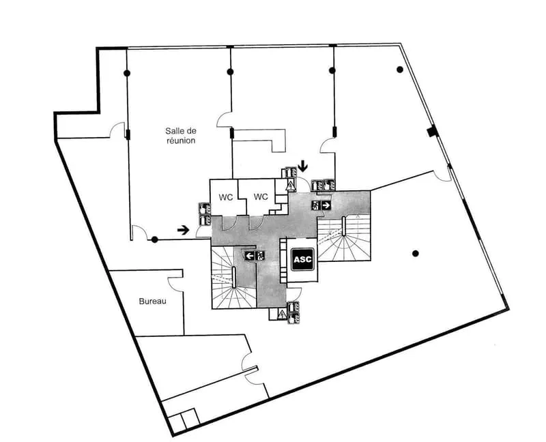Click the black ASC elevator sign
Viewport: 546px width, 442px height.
(x=302, y=259)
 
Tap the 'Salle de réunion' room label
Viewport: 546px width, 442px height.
(x=181, y=136)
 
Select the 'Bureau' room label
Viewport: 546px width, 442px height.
(x=152, y=301)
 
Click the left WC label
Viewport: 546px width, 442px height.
(x=226, y=197)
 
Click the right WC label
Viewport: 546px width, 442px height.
(x=261, y=197)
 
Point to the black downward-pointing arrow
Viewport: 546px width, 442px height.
(x=303, y=166)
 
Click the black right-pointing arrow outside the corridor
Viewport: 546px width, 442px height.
(x=183, y=229)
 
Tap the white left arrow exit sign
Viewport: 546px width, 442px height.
(x=250, y=256)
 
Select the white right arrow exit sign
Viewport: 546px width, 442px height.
(x=326, y=205)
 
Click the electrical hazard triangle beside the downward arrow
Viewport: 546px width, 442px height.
(x=290, y=185)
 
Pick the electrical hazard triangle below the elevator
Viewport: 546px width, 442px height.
(x=282, y=314)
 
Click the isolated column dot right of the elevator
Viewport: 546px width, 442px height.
(x=415, y=253)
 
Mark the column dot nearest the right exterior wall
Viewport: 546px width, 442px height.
(x=400, y=70)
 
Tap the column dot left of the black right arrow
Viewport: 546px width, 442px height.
(x=155, y=239)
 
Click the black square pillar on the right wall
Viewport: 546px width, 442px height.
(x=431, y=132)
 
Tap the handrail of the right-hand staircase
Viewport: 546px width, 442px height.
(x=344, y=226)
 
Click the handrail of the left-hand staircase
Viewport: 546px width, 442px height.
(x=234, y=277)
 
